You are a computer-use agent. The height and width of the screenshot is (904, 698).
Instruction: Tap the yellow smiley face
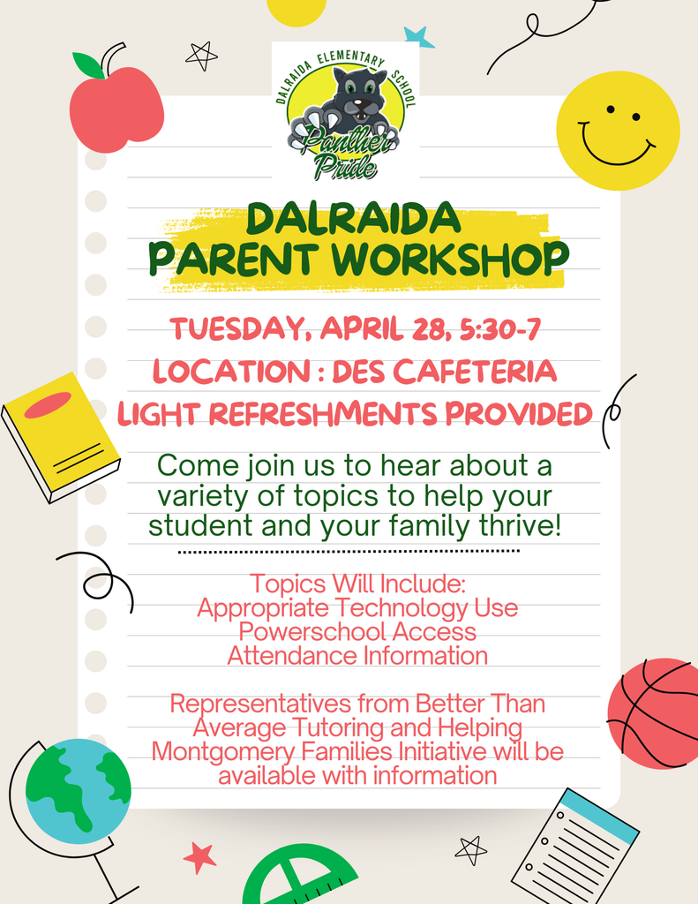click(618, 131)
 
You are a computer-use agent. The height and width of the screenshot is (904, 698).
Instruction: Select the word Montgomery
click(232, 751)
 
